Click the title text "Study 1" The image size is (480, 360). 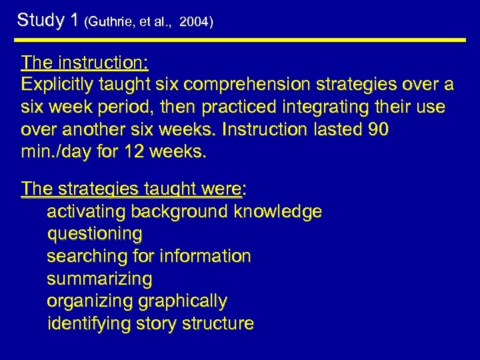[x=48, y=20]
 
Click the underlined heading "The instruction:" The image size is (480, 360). [x=85, y=63]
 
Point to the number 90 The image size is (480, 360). [x=377, y=129]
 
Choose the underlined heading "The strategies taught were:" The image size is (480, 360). [x=133, y=189]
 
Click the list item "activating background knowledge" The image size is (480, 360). [x=184, y=212]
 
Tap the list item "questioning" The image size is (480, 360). [x=95, y=234]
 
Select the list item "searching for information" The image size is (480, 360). [x=149, y=256]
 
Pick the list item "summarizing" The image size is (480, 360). [x=99, y=278]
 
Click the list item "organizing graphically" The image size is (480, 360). [x=137, y=301]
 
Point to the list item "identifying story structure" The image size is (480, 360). [x=151, y=324]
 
